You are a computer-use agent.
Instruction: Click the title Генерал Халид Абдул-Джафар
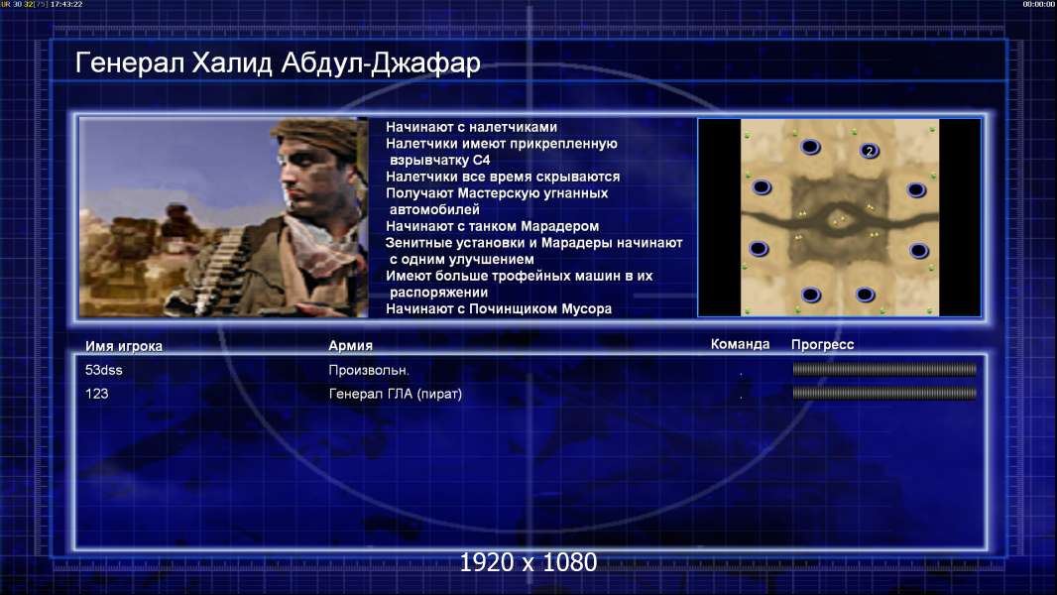pyautogui.click(x=278, y=62)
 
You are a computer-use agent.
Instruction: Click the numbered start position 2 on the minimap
pyautogui.click(x=870, y=151)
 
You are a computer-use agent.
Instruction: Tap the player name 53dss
pyautogui.click(x=104, y=370)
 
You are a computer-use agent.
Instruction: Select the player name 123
pyautogui.click(x=96, y=394)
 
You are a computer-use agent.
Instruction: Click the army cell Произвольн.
pyautogui.click(x=369, y=370)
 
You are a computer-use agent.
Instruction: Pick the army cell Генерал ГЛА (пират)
pyautogui.click(x=395, y=394)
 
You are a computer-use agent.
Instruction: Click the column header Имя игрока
pyautogui.click(x=123, y=346)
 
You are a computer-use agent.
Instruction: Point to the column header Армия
pyautogui.click(x=351, y=345)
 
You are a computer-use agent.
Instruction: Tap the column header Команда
pyautogui.click(x=740, y=344)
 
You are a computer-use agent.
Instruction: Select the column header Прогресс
pyautogui.click(x=822, y=344)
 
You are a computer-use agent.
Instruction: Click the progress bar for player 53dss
pyautogui.click(x=884, y=369)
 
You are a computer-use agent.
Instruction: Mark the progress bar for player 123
pyautogui.click(x=884, y=393)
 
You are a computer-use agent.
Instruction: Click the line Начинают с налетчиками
pyautogui.click(x=471, y=127)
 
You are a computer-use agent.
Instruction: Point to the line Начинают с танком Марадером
pyautogui.click(x=492, y=226)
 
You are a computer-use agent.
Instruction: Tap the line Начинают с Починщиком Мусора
pyautogui.click(x=498, y=308)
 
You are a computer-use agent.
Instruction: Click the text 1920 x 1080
pyautogui.click(x=528, y=562)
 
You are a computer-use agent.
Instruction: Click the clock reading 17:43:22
pyautogui.click(x=66, y=4)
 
